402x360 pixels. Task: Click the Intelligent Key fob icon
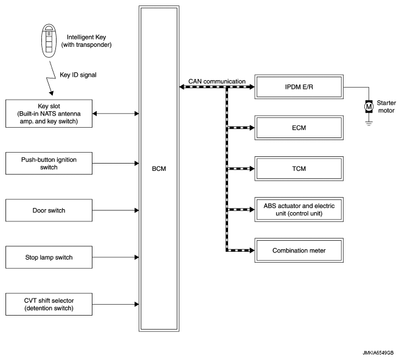tap(49, 41)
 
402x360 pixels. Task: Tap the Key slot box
tap(49, 114)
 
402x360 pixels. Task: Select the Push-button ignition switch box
tap(49, 164)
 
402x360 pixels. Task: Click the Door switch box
tap(49, 210)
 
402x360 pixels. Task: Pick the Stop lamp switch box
tap(49, 257)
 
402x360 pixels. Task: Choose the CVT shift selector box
tap(49, 305)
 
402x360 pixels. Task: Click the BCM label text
tap(159, 168)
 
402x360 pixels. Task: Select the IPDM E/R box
tap(299, 87)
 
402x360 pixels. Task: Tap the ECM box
tap(299, 128)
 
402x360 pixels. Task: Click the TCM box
tap(299, 168)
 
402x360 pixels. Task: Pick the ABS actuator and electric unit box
tap(299, 209)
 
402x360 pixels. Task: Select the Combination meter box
tap(299, 251)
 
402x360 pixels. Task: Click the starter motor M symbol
tap(369, 106)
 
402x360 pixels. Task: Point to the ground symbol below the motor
tap(369, 124)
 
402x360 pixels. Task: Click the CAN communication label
tap(217, 81)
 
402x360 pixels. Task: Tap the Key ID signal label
tap(78, 75)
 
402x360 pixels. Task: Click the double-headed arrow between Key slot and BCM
tap(116, 114)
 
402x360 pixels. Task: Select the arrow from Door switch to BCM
tap(116, 210)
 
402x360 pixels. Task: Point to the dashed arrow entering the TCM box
tap(240, 168)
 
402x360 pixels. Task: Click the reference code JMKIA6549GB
tap(378, 353)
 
